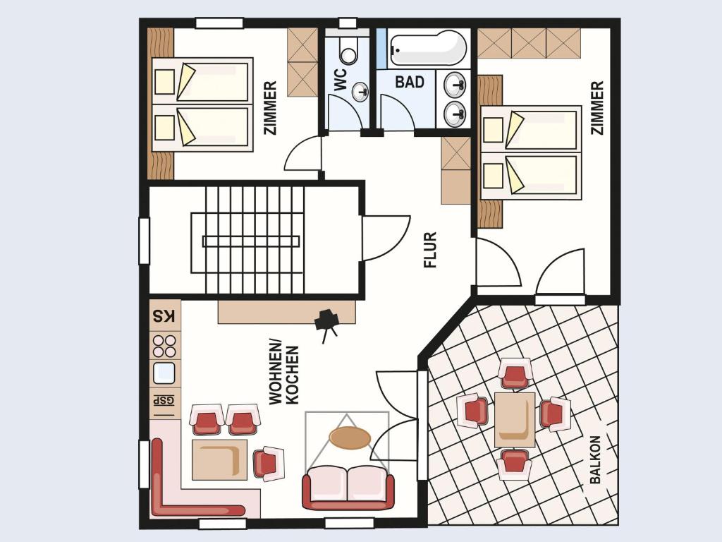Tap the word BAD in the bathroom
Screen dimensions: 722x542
(410, 82)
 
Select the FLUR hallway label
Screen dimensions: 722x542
(430, 250)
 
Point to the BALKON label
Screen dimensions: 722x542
(595, 459)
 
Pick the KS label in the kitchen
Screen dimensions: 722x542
(164, 317)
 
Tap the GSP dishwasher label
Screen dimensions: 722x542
(164, 401)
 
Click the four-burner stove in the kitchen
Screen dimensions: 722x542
(164, 346)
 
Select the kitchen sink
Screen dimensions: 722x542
(164, 373)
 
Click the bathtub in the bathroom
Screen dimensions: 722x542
(428, 48)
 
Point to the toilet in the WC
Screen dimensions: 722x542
(348, 50)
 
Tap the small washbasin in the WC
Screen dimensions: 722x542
(360, 92)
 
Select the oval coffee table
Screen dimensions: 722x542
(350, 438)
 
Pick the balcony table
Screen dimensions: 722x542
(515, 419)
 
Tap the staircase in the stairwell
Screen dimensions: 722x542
(255, 240)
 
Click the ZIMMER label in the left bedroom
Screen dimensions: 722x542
(270, 108)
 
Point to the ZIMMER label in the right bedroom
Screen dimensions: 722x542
(596, 108)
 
